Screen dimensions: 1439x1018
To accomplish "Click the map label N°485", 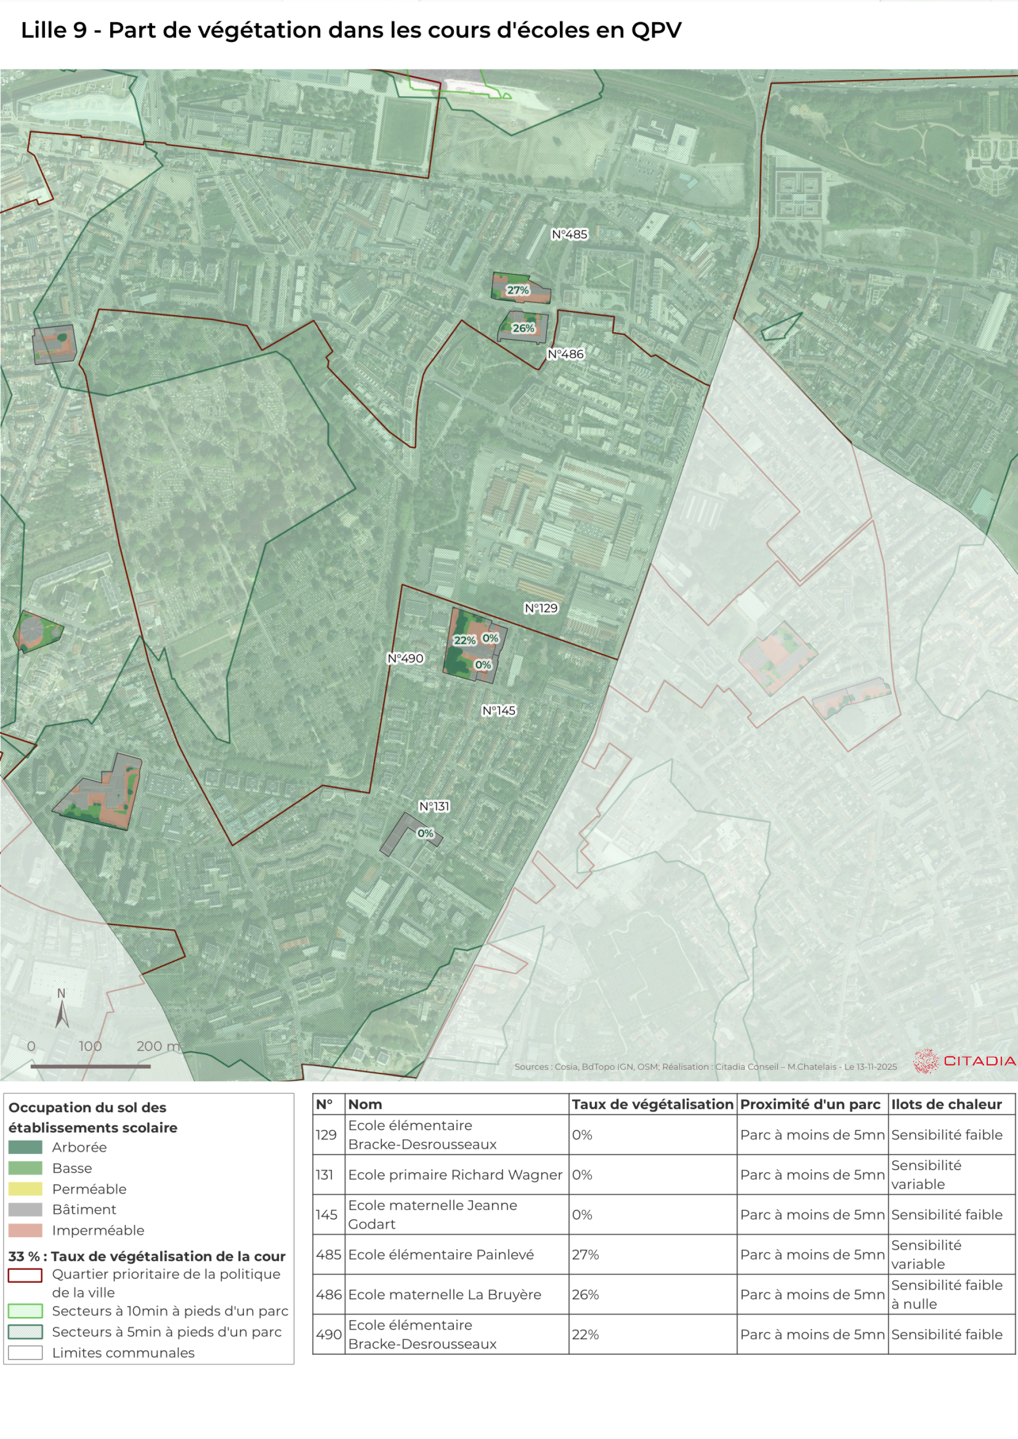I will [569, 234].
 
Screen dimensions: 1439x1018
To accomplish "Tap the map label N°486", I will [565, 354].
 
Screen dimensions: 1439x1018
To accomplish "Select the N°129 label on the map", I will [541, 608].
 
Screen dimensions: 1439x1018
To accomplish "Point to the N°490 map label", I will [405, 658].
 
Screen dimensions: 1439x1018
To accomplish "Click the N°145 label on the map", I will [498, 710].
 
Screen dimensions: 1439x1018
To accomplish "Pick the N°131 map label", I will [434, 806].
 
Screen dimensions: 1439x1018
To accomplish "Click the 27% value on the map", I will [518, 290].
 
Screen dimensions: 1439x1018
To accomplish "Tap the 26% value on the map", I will [523, 328].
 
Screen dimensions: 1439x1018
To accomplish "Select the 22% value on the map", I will [465, 640].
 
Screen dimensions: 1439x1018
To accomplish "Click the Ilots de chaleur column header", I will [946, 1104].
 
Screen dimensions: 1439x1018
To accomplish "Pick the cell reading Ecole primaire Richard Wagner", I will [455, 1175].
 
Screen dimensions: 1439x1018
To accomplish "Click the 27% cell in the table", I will [585, 1254].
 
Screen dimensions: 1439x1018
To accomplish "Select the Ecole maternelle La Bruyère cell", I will [444, 1294].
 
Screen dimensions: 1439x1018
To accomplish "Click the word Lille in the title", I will [43, 30].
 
